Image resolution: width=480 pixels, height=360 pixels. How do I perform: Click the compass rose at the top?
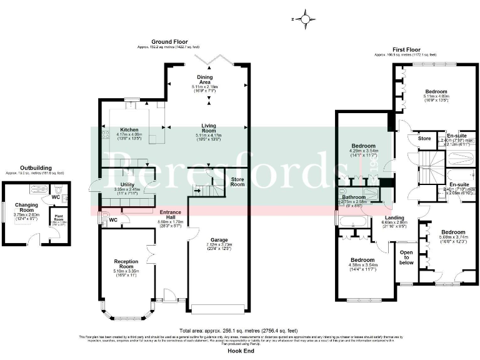point(305,19)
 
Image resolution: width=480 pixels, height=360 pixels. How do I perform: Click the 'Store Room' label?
point(237,182)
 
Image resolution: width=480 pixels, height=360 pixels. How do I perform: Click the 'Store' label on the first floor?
point(424,137)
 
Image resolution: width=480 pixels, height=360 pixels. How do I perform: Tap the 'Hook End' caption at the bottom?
point(239,352)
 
